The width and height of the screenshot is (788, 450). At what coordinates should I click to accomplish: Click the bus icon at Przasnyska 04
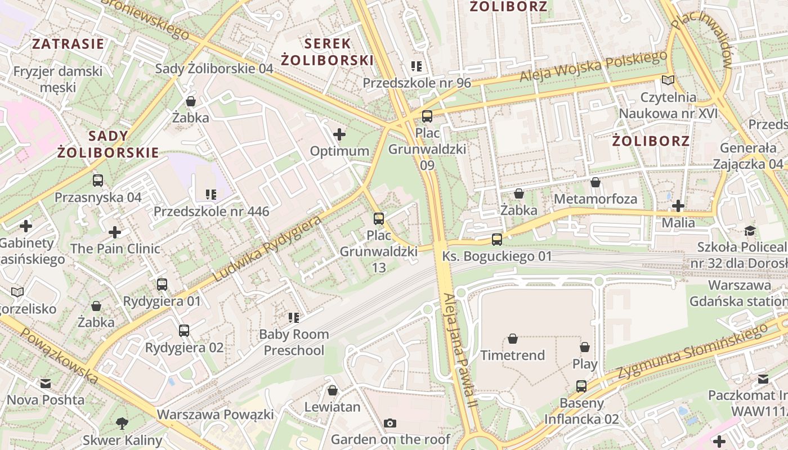click(x=98, y=181)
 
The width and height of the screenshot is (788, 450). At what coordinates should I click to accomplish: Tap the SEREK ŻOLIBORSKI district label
click(x=327, y=52)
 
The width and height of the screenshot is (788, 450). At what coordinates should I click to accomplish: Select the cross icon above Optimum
click(x=339, y=134)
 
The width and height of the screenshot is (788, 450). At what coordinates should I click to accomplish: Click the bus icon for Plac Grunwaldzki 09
click(x=427, y=116)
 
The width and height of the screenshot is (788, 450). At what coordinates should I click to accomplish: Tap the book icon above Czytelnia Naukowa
click(x=668, y=80)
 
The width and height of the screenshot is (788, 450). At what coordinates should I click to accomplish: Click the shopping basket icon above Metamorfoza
click(x=596, y=182)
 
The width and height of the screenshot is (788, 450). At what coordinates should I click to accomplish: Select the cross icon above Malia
click(x=678, y=206)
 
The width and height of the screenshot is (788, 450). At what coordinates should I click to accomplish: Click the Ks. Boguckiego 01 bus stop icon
click(x=497, y=240)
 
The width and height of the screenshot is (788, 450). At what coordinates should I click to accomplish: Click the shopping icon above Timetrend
click(x=512, y=339)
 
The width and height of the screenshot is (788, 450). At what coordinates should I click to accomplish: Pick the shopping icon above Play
click(x=585, y=347)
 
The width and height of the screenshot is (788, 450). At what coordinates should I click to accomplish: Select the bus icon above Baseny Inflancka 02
click(x=581, y=386)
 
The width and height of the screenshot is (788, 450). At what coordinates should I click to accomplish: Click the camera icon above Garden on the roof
click(x=390, y=423)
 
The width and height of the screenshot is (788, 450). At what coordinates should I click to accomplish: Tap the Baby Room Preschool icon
click(x=293, y=318)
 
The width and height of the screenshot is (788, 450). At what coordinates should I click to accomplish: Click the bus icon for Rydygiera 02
click(x=184, y=331)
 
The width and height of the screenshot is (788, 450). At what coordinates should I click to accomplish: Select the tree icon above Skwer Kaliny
click(x=122, y=423)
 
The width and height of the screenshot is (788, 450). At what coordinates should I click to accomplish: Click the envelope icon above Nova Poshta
click(x=46, y=384)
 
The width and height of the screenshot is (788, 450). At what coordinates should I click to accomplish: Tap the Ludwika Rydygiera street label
click(x=267, y=249)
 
